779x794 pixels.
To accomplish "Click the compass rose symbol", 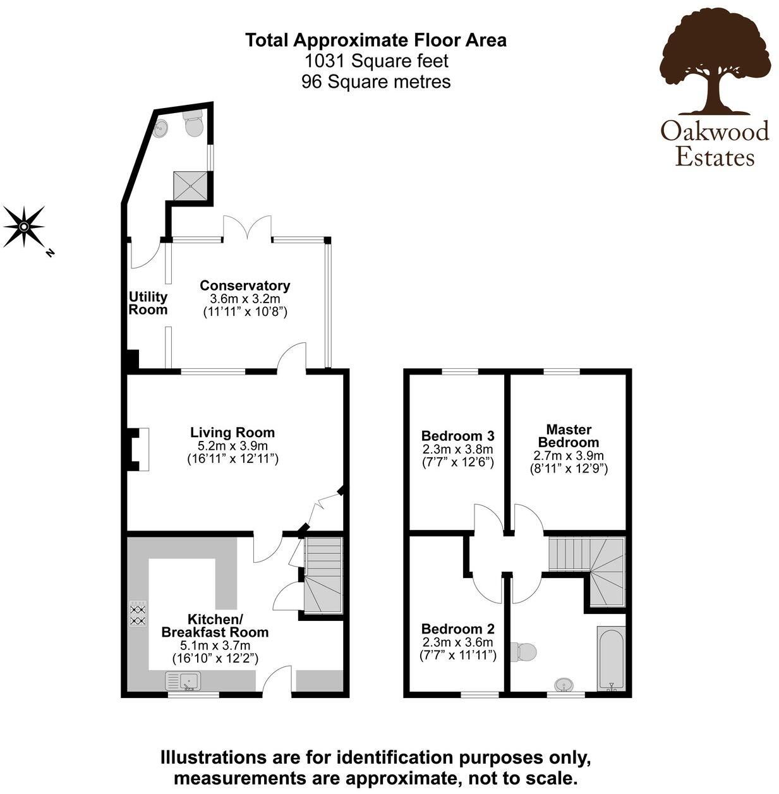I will coord(23,226).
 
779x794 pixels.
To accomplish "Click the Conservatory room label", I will coord(245,286).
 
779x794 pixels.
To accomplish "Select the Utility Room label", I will coord(148,303).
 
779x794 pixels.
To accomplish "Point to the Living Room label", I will coord(232,433).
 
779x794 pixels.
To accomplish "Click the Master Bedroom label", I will coord(568,436).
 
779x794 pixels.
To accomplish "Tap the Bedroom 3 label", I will coord(457,436).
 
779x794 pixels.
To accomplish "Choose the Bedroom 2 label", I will coord(457,629).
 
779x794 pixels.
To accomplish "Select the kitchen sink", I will coord(183,682).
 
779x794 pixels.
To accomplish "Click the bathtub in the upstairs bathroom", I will coord(611,659).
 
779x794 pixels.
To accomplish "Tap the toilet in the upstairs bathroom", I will coord(525,651).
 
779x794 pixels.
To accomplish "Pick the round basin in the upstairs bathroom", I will coord(564,685).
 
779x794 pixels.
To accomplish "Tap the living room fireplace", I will coord(136,449).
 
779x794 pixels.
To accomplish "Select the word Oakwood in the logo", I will coord(715,131).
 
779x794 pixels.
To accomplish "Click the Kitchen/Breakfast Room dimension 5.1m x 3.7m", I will coord(215,646).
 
